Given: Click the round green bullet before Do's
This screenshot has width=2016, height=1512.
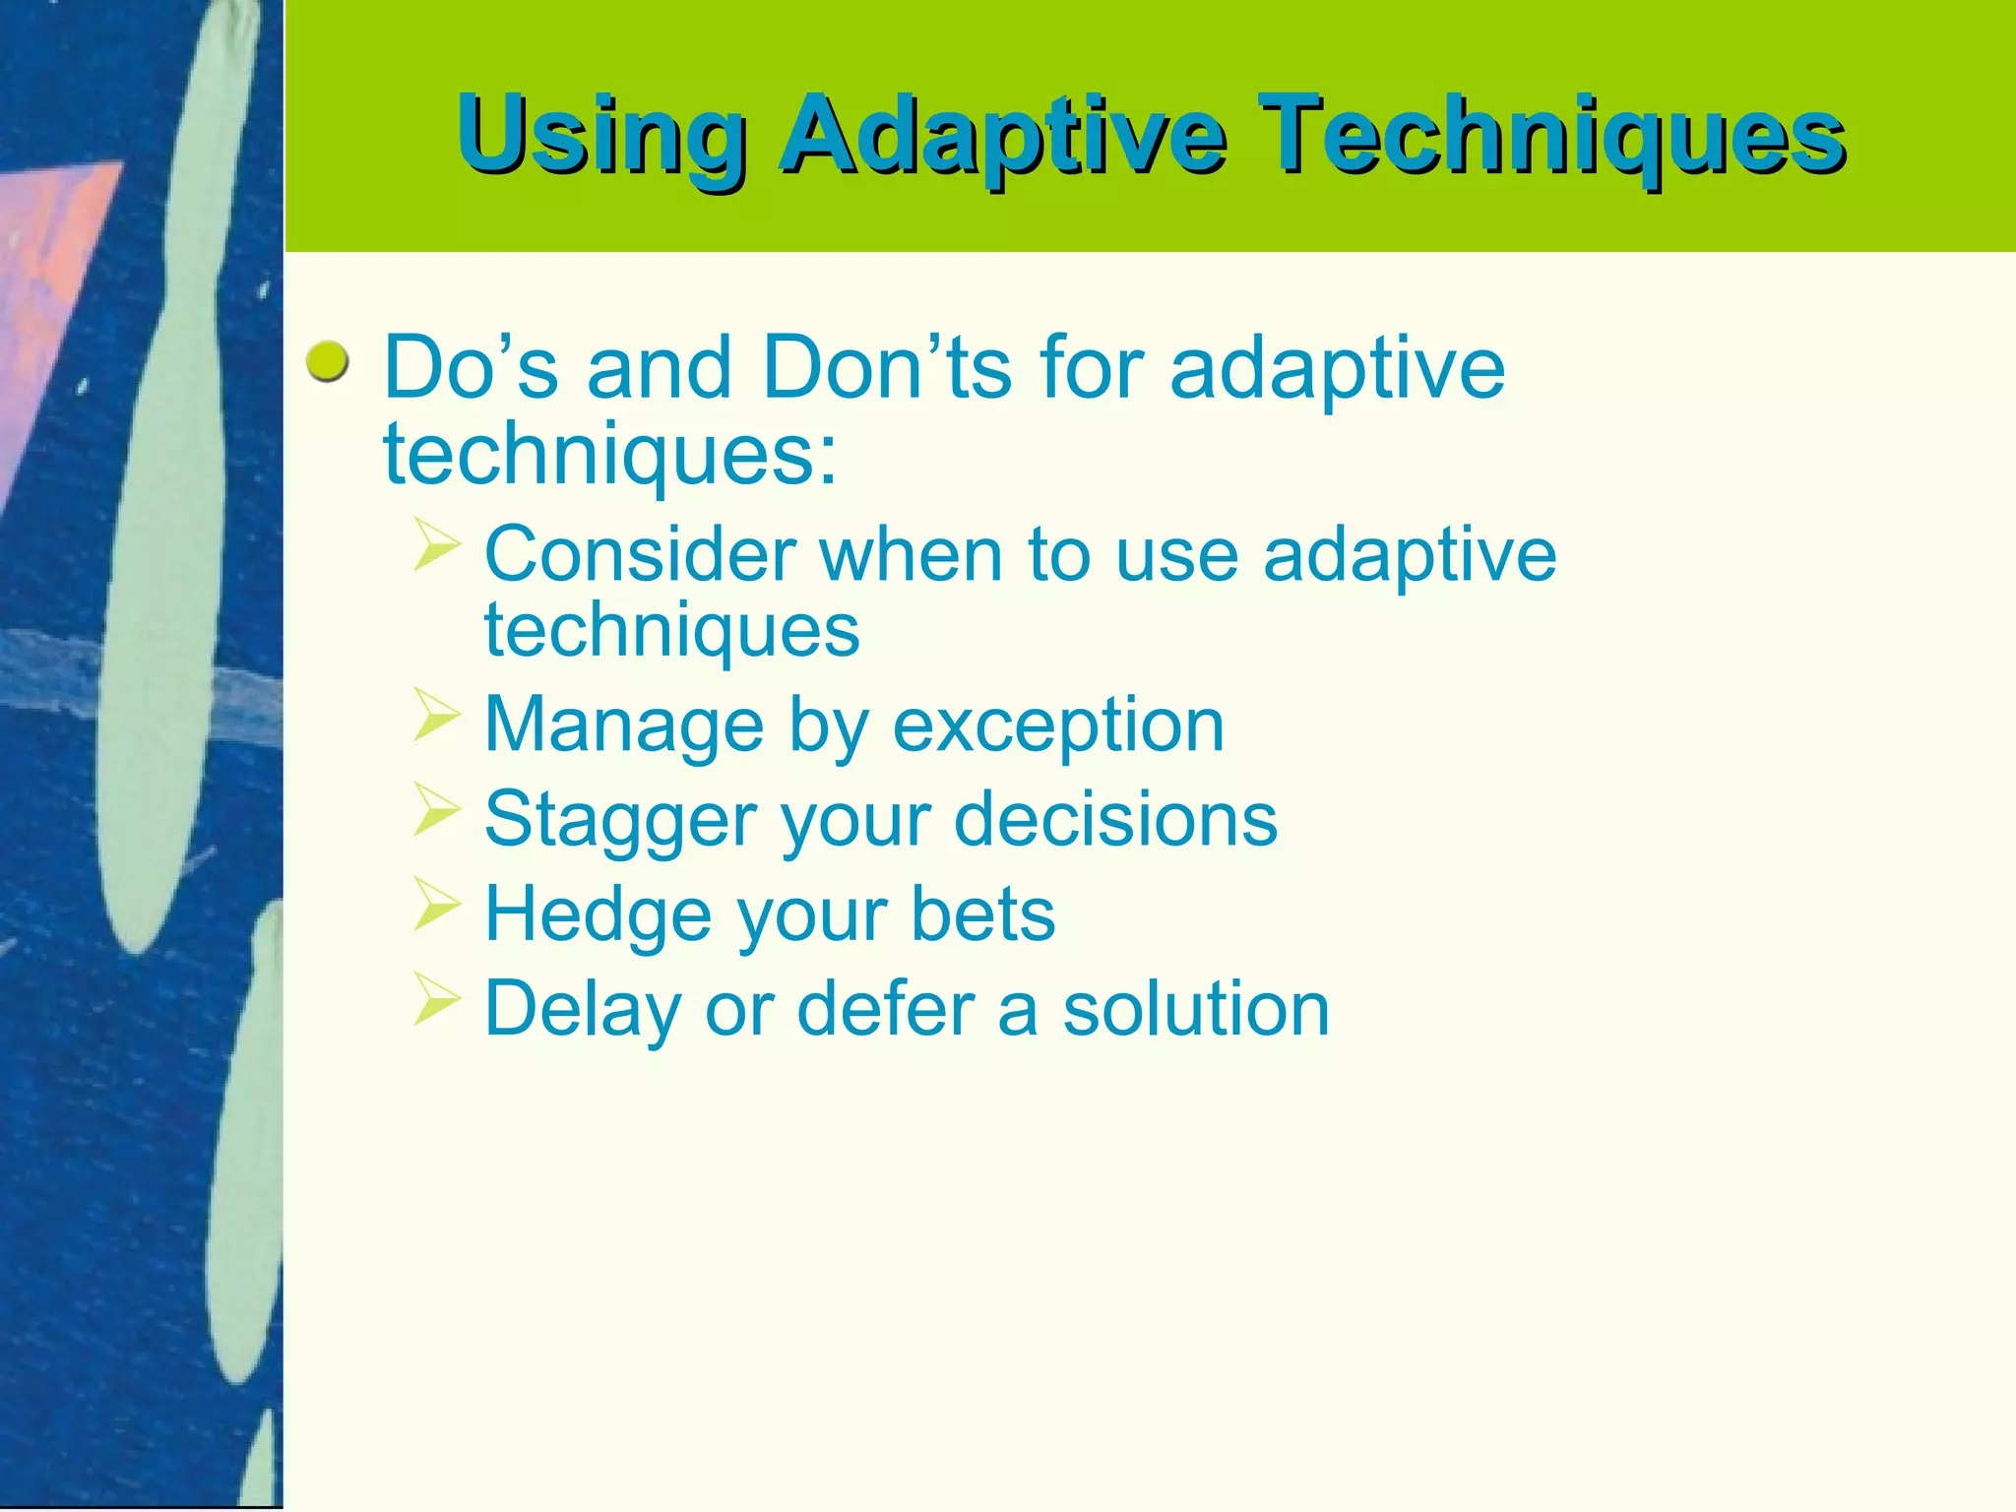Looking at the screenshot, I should click(x=327, y=363).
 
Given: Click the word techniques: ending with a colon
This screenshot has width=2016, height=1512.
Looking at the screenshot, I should click(x=610, y=455).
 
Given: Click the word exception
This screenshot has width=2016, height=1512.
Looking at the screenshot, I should click(x=1058, y=725).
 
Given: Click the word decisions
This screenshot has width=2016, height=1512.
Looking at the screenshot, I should click(x=1115, y=819).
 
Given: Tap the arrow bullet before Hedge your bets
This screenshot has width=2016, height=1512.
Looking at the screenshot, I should click(x=436, y=903).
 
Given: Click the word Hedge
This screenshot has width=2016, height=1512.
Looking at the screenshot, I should click(x=598, y=914).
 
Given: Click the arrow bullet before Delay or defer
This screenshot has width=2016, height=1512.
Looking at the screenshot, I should click(x=436, y=998).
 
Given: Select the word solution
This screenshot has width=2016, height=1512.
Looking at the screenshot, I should click(x=1196, y=1009).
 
